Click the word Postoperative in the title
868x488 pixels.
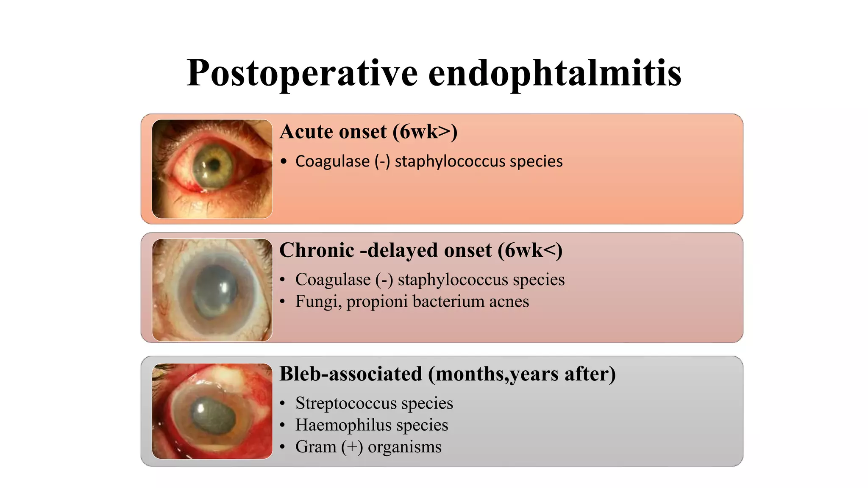pyautogui.click(x=302, y=73)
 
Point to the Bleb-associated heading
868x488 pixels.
pyautogui.click(x=351, y=374)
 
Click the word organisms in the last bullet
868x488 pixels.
pyautogui.click(x=404, y=447)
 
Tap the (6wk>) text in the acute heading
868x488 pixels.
pyautogui.click(x=425, y=131)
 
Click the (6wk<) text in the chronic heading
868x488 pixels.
pyautogui.click(x=530, y=250)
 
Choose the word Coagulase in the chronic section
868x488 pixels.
pyautogui.click(x=333, y=280)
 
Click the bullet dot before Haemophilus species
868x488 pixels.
pyautogui.click(x=283, y=425)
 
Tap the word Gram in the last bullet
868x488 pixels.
pyautogui.click(x=315, y=447)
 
